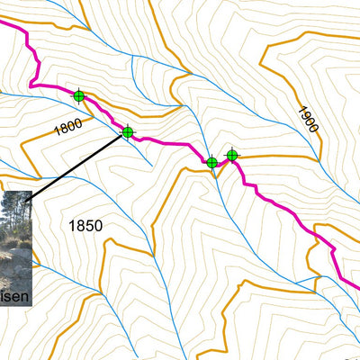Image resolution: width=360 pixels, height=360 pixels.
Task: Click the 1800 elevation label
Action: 67,127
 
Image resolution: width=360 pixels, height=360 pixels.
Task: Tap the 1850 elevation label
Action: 85,226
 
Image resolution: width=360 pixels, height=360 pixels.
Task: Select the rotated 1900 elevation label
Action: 307,118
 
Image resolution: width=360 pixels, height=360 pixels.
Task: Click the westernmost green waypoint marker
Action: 78,95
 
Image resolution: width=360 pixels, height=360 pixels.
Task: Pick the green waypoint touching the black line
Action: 127,133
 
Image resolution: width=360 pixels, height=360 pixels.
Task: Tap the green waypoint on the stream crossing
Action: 211,163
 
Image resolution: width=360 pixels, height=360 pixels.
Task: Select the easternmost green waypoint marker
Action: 232,156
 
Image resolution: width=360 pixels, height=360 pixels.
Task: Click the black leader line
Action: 81,163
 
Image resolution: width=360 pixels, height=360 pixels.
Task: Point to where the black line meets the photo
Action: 32,193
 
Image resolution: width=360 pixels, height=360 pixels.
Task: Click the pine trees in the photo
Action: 15,211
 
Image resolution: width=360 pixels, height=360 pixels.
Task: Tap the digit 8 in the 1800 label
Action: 62,129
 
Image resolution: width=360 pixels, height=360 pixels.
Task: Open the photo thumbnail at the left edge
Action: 15,247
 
